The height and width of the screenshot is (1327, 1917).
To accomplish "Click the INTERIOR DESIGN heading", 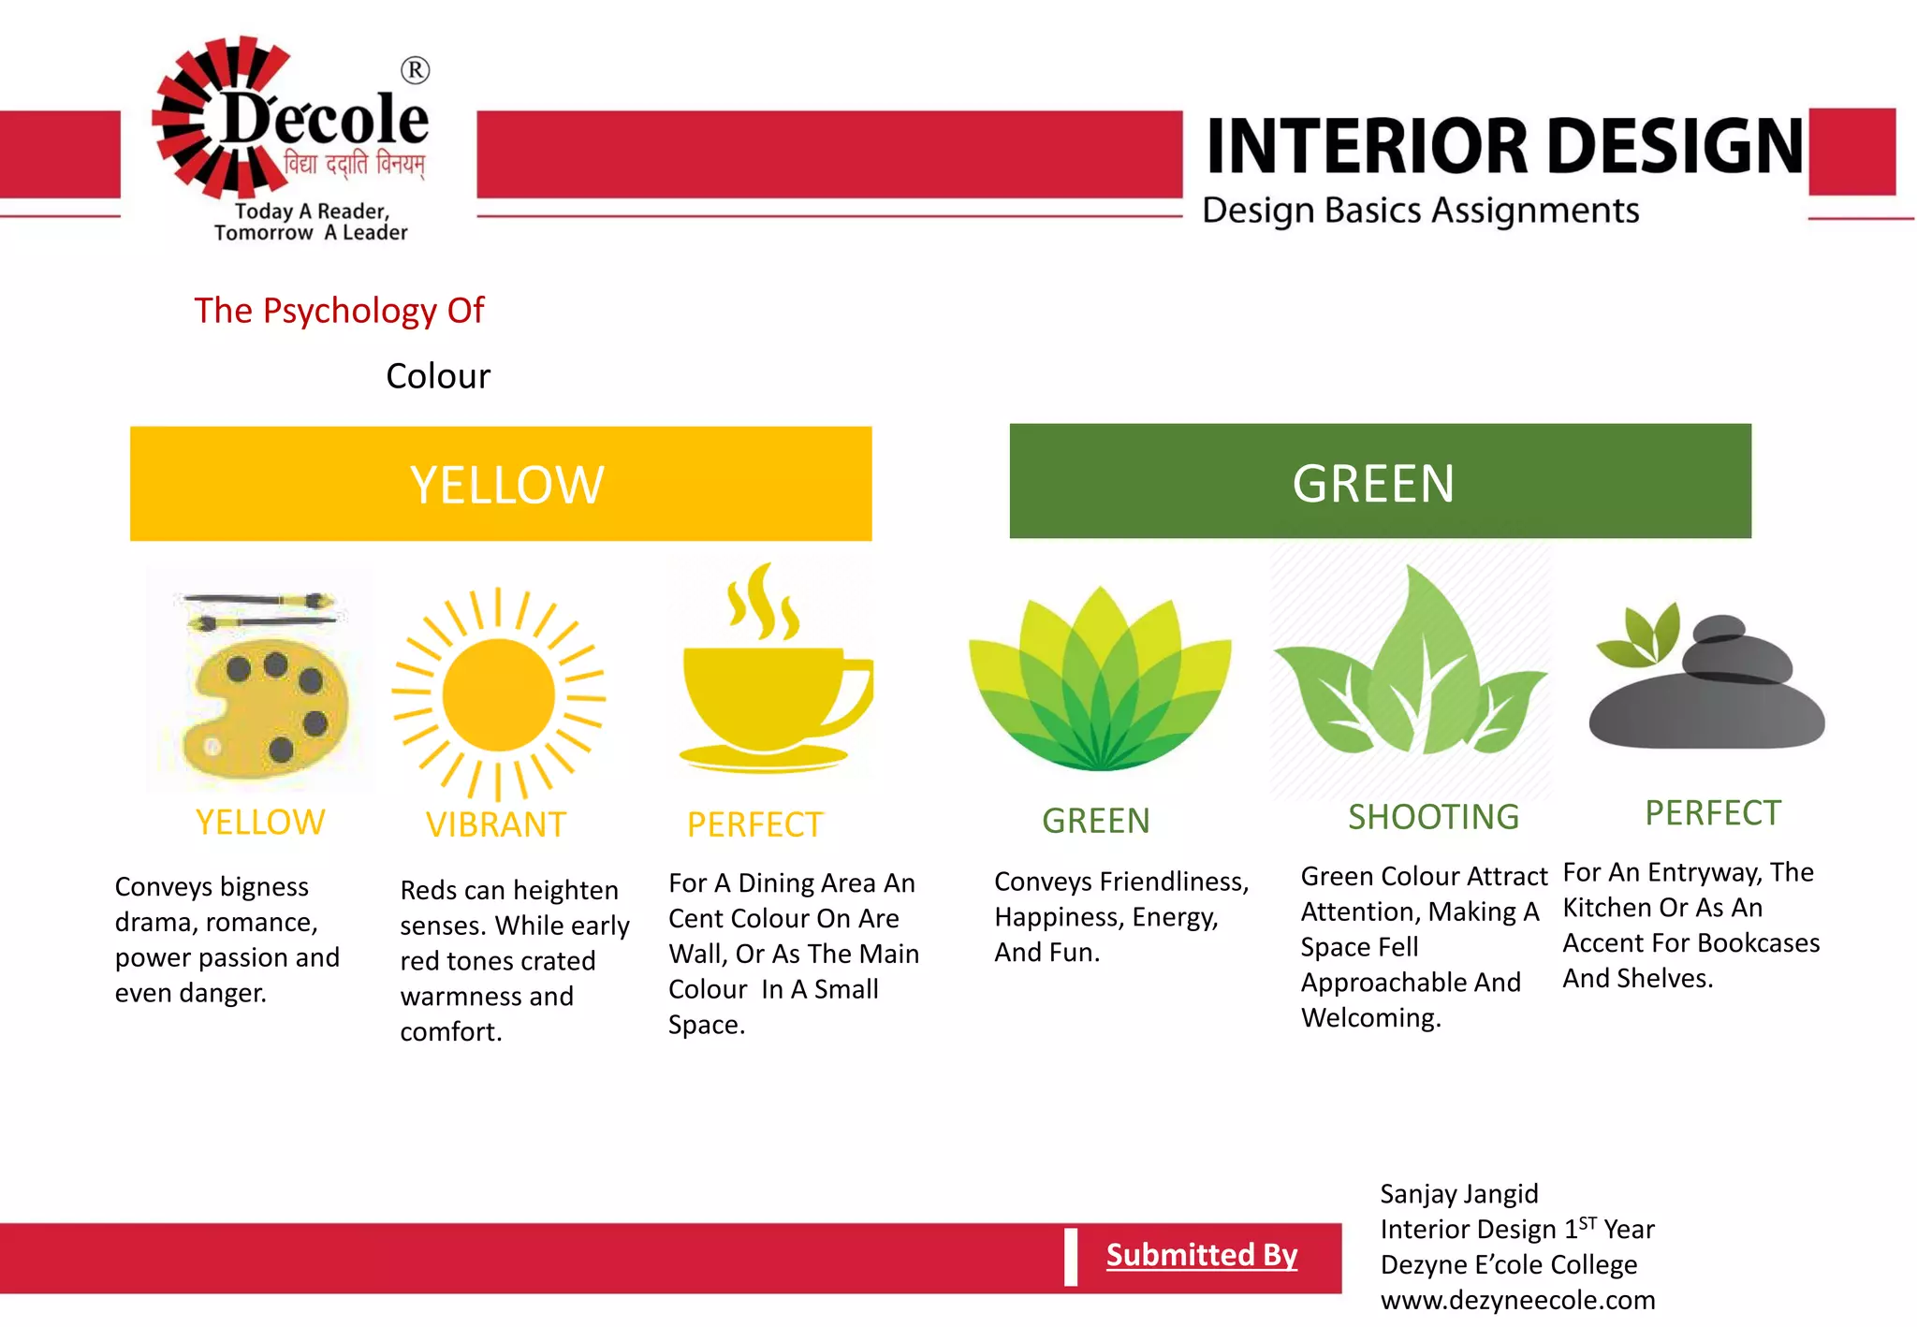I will coord(1504,147).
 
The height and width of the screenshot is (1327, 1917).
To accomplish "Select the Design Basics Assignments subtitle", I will coord(1420,211).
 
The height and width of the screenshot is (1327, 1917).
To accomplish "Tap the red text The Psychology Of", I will coord(339,311).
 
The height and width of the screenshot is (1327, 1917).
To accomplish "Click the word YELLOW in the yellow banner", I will coord(506,485).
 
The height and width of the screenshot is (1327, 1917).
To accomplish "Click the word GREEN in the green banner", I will coord(1373,483).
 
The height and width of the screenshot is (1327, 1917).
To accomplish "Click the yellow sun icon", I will coord(499,695).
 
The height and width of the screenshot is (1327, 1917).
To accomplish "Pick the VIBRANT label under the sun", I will coord(496,824).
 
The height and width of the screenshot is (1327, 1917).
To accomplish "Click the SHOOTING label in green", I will coord(1433,817).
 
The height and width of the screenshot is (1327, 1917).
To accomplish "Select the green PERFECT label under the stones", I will coord(1713,813).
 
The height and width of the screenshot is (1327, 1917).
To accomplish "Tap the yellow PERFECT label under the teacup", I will coord(754,824).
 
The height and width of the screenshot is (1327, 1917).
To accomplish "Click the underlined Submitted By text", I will coord(1202,1254).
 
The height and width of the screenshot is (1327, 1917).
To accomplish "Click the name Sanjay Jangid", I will coord(1458,1194).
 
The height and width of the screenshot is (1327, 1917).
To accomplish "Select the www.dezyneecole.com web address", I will coord(1517,1300).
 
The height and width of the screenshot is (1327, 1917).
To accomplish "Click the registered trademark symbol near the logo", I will coord(415,70).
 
